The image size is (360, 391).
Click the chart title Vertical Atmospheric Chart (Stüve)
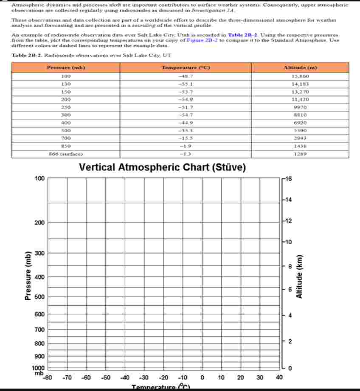(x=163, y=168)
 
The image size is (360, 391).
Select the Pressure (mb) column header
(x=66, y=68)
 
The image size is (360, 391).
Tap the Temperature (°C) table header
(x=186, y=68)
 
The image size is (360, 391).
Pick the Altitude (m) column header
(x=300, y=68)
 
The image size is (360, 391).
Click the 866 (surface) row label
(x=66, y=154)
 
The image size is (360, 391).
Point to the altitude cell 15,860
(x=300, y=76)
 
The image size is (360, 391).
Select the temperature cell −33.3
(x=186, y=131)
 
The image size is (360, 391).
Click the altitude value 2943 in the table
(x=300, y=138)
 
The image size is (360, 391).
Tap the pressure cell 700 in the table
(x=66, y=138)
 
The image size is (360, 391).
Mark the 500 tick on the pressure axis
(x=39, y=297)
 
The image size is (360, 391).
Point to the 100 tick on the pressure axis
(x=39, y=179)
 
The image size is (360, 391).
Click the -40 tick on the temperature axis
(x=125, y=377)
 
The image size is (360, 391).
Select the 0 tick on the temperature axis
(x=202, y=377)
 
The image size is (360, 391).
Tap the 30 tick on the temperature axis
(x=260, y=377)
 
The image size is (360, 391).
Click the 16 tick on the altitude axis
(x=288, y=179)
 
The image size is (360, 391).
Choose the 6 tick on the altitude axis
(x=289, y=290)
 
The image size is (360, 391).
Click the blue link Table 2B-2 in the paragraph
(x=242, y=35)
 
